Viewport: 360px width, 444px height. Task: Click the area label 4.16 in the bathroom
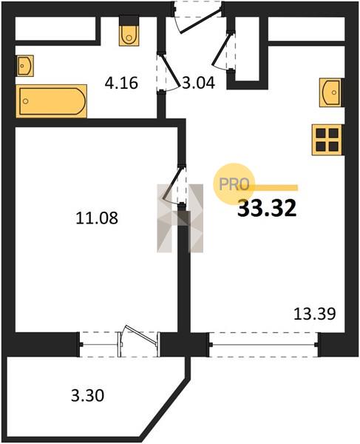pos(121,83)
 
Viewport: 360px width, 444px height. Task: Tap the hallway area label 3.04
pos(198,83)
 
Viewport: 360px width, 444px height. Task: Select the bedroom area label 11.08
pos(97,218)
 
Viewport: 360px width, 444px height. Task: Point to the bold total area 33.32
pos(267,208)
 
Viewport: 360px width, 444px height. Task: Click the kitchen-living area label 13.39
pos(315,314)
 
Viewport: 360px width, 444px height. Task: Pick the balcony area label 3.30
pos(88,395)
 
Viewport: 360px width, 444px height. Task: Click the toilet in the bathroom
pos(129,30)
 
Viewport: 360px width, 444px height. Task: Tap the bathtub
pos(52,101)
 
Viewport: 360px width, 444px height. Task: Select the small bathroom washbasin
pos(25,66)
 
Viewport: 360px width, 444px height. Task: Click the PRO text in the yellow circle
pos(234,184)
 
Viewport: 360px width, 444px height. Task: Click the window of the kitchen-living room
pos(264,345)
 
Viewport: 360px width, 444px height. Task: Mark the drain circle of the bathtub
pos(26,101)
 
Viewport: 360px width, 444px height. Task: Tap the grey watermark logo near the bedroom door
pos(180,218)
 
